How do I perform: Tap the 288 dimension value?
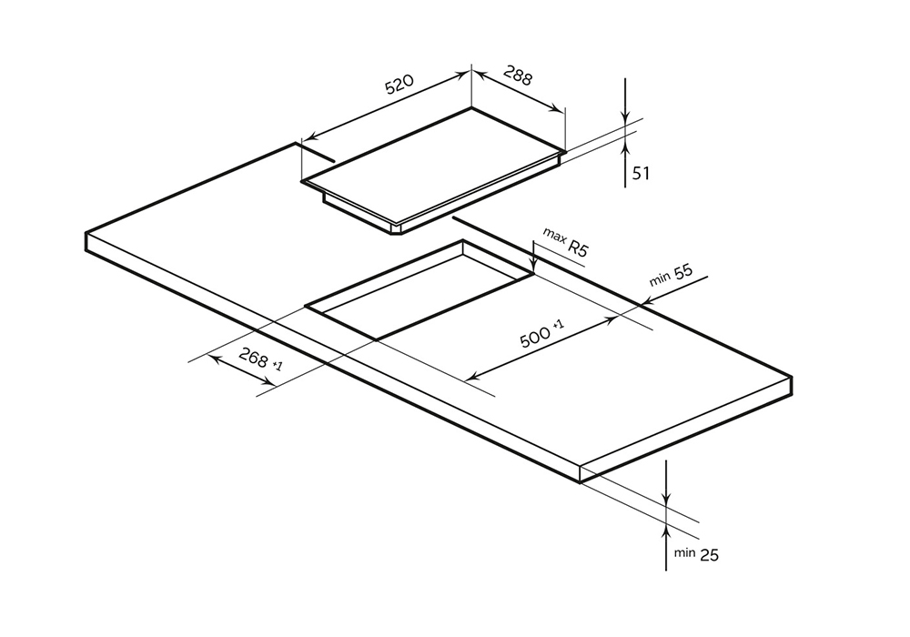tap(515, 76)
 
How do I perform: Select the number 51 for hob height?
tap(641, 173)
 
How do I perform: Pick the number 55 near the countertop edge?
tap(683, 271)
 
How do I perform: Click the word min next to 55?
tap(659, 278)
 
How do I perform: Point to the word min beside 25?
tap(684, 552)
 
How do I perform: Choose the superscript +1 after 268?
tap(278, 366)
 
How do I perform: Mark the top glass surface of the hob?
tap(437, 164)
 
